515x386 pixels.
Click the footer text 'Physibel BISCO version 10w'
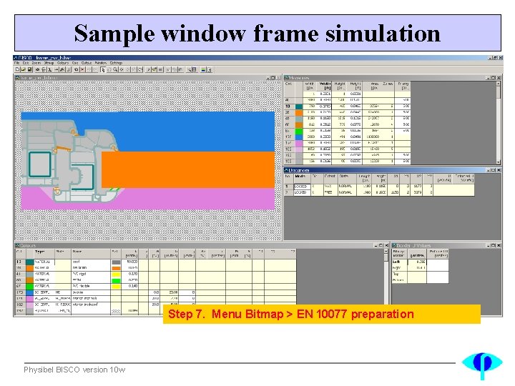[74, 370]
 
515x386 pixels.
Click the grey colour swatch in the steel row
[116, 262]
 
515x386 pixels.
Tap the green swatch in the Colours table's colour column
[116, 285]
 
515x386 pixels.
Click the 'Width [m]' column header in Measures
[325, 87]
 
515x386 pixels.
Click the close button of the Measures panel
[499, 77]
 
